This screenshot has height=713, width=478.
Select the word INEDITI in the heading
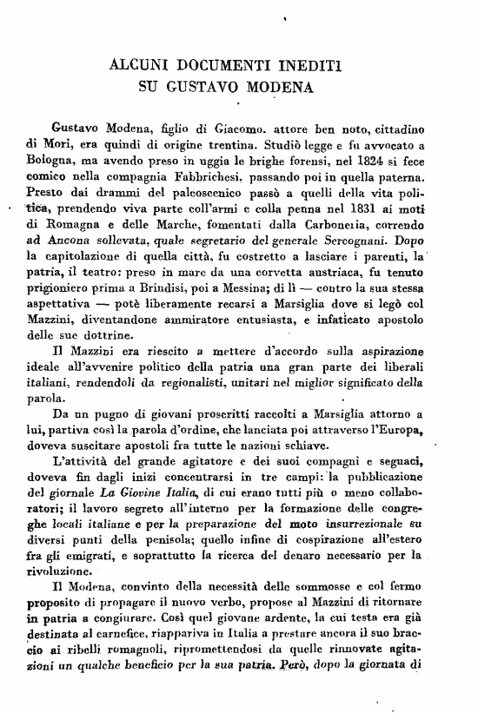[310, 65]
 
